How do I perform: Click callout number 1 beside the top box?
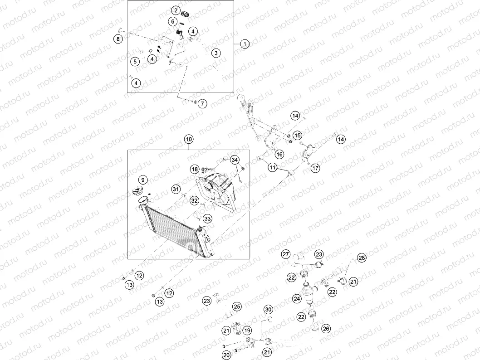click(245, 44)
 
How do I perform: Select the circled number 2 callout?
click(176, 10)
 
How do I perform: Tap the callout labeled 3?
click(216, 53)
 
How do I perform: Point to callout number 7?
click(202, 104)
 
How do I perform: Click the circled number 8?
click(118, 39)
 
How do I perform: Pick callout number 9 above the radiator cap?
click(142, 180)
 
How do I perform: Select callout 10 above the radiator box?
click(189, 139)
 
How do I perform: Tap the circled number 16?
click(279, 155)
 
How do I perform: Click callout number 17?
click(315, 168)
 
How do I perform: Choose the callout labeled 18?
click(195, 169)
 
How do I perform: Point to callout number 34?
click(235, 160)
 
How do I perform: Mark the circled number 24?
click(297, 298)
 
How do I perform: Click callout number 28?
click(362, 258)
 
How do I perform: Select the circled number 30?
click(269, 310)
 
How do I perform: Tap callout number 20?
click(226, 355)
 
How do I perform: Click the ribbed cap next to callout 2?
click(186, 14)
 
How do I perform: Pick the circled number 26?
click(326, 329)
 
